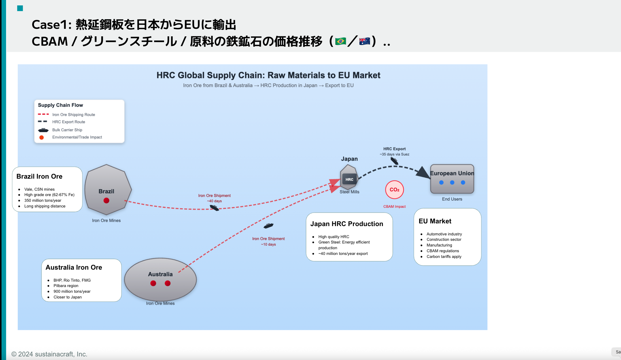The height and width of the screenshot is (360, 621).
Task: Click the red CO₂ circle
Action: point(394,190)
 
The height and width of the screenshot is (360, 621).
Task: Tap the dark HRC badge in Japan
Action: point(349,180)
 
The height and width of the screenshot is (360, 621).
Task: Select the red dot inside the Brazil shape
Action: point(106,201)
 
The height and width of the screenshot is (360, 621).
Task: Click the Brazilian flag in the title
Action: point(340,41)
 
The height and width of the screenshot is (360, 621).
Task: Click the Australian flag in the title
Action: point(364,41)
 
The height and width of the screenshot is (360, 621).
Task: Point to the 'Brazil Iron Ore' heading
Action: point(39,177)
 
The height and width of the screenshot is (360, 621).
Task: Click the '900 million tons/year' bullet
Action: point(72,292)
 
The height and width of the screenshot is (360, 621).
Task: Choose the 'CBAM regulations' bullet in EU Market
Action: point(443,251)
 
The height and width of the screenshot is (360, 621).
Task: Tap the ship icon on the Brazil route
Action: point(214,208)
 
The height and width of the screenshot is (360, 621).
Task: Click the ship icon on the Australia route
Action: point(268,225)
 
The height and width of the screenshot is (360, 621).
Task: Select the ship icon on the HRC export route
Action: point(394,161)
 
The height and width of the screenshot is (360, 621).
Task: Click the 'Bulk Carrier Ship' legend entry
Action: point(67,130)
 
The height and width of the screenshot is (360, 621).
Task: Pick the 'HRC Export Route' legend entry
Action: point(68,122)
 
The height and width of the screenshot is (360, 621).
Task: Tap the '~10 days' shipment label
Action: point(268,244)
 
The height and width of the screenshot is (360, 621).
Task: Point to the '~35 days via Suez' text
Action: point(394,154)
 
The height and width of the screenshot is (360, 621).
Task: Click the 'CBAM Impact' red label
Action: point(394,207)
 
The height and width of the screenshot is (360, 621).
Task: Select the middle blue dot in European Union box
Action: point(452,183)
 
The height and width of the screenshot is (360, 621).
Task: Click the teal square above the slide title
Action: point(20,8)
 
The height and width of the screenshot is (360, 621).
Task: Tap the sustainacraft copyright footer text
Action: point(49,354)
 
